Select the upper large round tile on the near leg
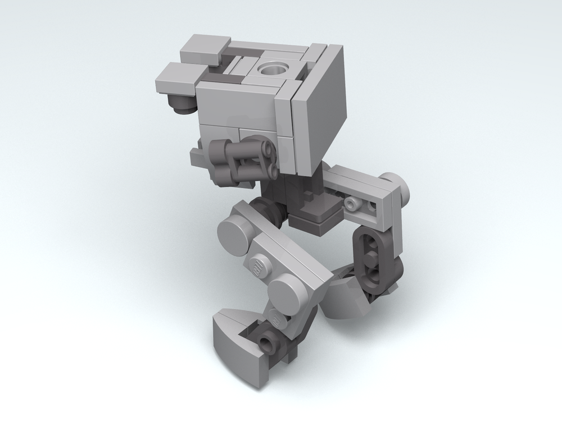click(235, 229)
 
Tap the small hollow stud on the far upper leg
click(353, 203)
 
